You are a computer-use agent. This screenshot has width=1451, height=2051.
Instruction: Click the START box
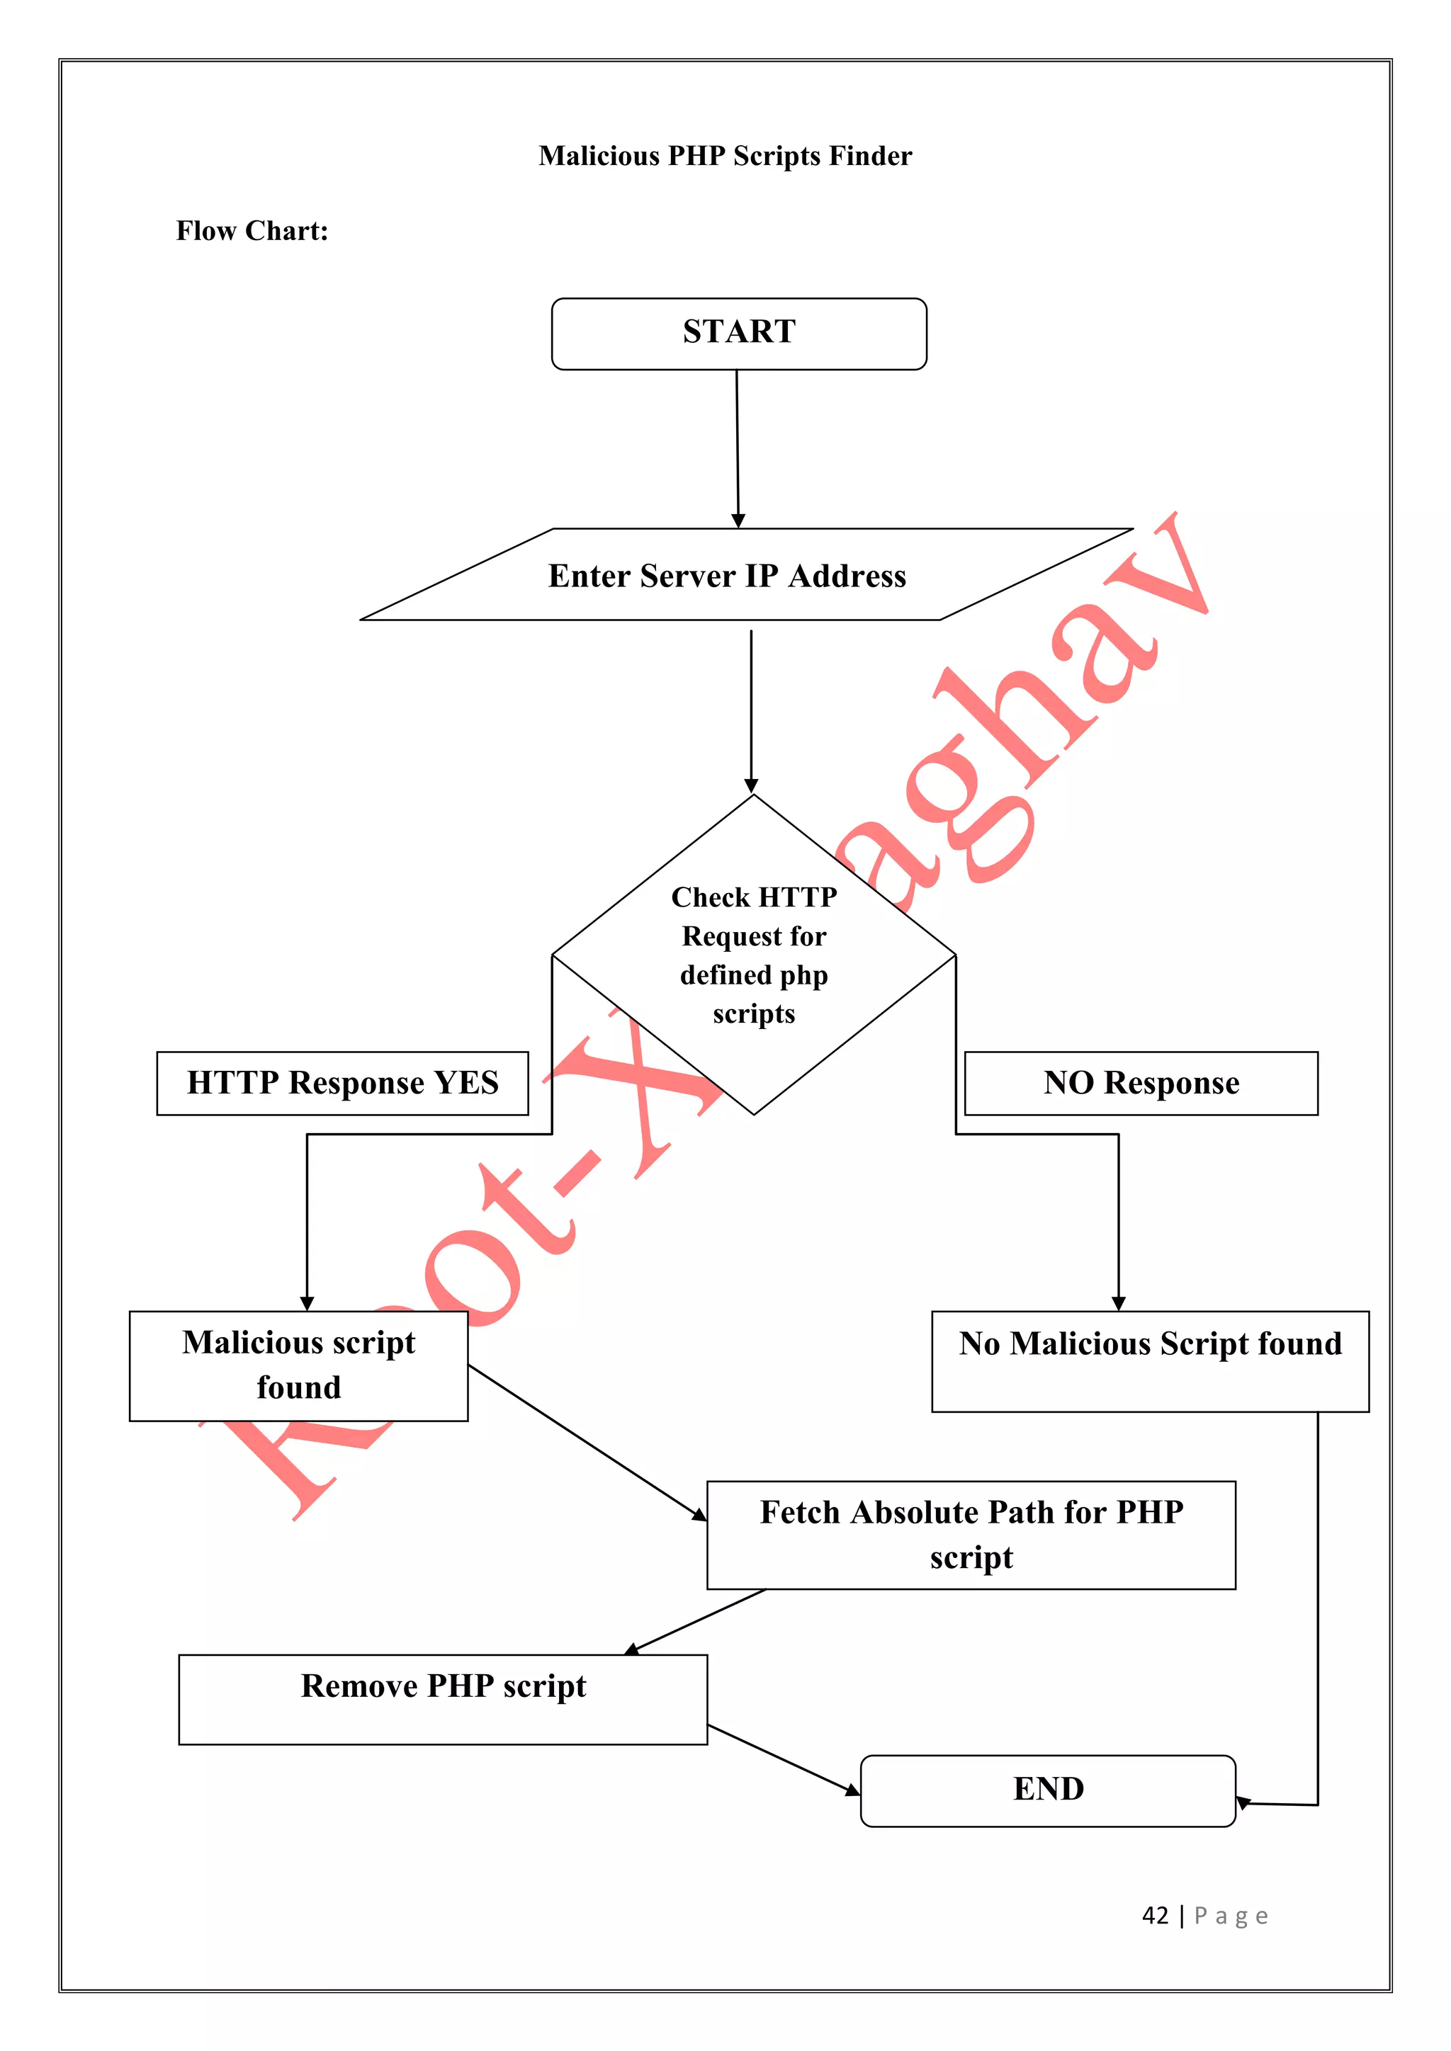click(x=739, y=333)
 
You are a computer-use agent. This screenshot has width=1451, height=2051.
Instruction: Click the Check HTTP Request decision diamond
click(x=753, y=954)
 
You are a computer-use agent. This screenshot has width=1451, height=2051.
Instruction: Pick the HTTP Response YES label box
click(x=342, y=1083)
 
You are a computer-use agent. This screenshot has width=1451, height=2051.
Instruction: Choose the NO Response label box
click(x=1140, y=1083)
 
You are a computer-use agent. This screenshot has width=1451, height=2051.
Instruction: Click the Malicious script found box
click(x=298, y=1365)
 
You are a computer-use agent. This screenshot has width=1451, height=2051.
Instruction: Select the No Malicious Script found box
click(x=1149, y=1360)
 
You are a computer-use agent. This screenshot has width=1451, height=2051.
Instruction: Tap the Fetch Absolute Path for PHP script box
click(x=971, y=1535)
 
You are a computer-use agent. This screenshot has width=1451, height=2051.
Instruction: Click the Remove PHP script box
click(x=442, y=1698)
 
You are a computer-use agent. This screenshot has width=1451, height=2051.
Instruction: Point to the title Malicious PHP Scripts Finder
click(x=725, y=155)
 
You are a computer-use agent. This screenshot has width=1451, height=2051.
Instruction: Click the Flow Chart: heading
click(x=252, y=230)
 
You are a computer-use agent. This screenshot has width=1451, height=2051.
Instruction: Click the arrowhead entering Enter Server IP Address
click(x=738, y=521)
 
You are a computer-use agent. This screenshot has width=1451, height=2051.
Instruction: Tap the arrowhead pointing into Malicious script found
click(x=307, y=1303)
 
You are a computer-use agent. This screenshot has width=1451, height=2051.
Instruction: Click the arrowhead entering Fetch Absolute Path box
click(x=699, y=1515)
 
